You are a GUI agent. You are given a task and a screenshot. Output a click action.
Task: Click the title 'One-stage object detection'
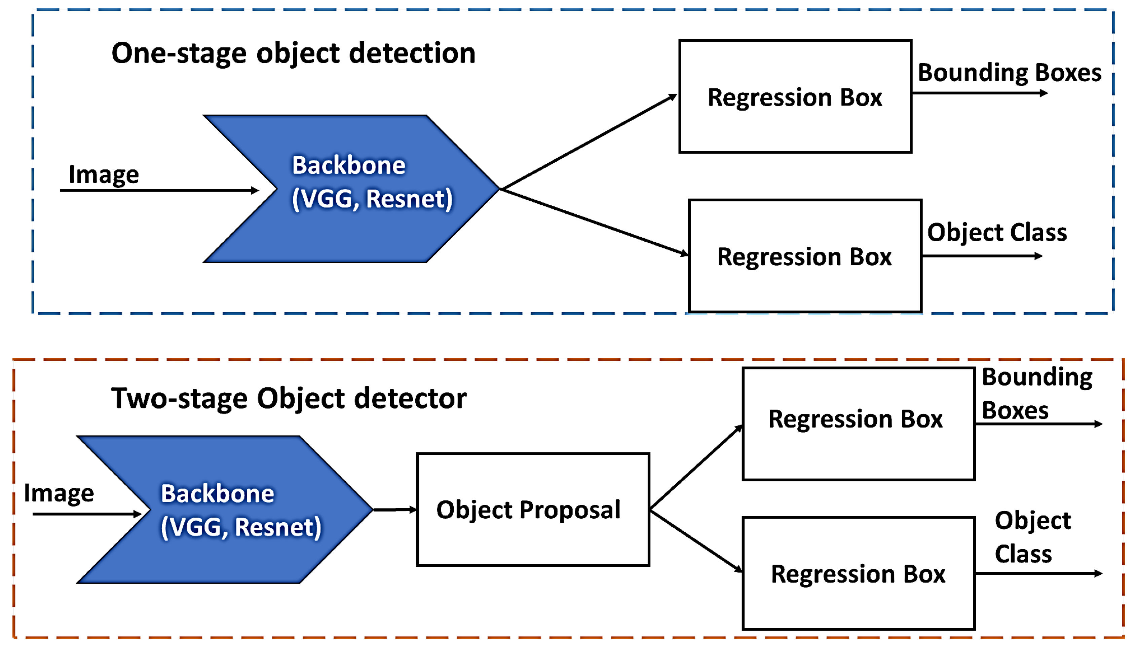point(293,53)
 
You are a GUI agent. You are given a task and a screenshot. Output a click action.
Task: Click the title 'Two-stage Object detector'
point(289,398)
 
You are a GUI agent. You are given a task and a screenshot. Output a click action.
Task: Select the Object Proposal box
point(533,510)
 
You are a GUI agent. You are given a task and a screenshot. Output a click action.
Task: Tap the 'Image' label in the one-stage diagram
point(103,174)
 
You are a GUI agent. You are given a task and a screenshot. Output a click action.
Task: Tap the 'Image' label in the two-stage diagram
point(59,493)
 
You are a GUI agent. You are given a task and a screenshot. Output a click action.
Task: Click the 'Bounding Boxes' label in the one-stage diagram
point(1009,73)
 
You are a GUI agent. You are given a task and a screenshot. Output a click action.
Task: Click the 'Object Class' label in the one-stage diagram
point(997,232)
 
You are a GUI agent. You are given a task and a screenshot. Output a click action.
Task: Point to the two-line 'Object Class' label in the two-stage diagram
point(1032,537)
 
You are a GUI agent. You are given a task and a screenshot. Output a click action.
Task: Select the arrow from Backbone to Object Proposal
point(394,510)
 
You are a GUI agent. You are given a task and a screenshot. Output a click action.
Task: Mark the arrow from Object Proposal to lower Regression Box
point(695,541)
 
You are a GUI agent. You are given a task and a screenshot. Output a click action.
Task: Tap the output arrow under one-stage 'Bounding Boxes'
point(979,93)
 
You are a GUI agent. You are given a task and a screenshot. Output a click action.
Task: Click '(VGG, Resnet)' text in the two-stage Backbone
point(241,527)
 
